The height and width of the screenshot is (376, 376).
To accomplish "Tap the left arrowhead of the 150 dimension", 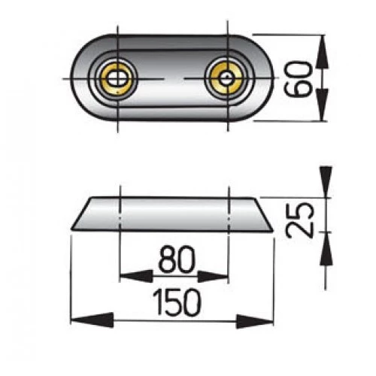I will pyautogui.click(x=80, y=320).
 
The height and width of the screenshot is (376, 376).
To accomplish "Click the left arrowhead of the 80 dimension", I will pyautogui.click(x=130, y=276).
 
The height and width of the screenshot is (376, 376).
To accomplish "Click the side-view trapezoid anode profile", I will pyautogui.click(x=173, y=216).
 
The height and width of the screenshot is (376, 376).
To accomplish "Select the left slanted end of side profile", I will pyautogui.click(x=80, y=217).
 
